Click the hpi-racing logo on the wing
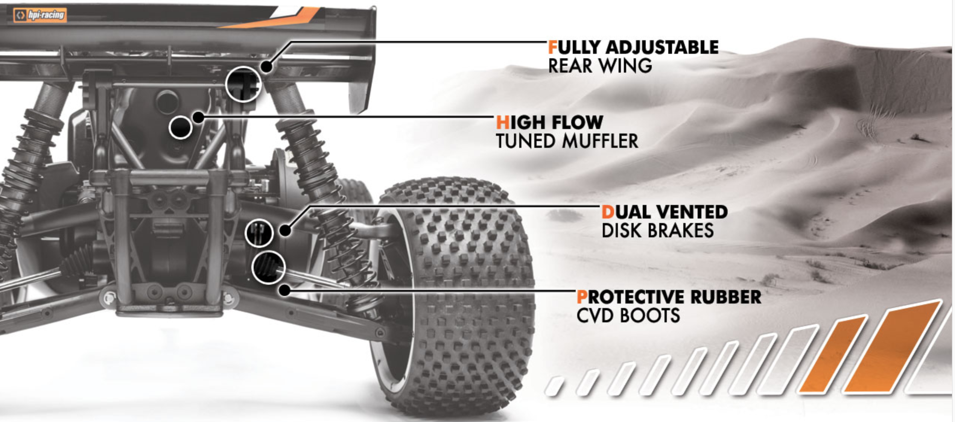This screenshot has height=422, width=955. click(40, 15)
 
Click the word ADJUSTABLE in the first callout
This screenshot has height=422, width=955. click(662, 48)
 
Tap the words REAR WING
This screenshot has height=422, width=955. click(600, 66)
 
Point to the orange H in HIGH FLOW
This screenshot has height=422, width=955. click(502, 123)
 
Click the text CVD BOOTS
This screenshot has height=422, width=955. click(628, 316)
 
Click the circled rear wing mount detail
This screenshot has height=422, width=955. click(243, 84)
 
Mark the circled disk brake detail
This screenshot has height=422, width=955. click(259, 233)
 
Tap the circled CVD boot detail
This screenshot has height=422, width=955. click(268, 267)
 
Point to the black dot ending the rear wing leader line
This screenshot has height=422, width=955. click(266, 67)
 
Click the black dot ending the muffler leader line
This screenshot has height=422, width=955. click(198, 117)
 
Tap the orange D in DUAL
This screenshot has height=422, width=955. click(608, 212)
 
